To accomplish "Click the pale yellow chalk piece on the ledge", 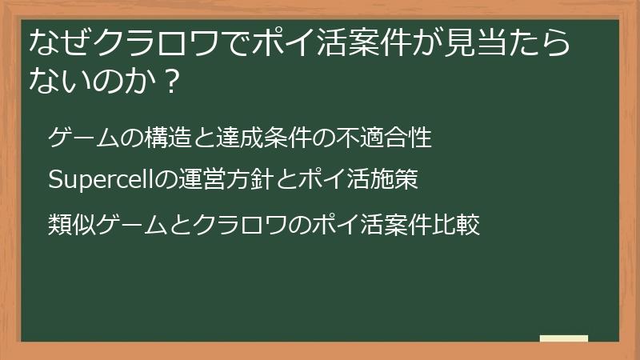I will tap(563, 338).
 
